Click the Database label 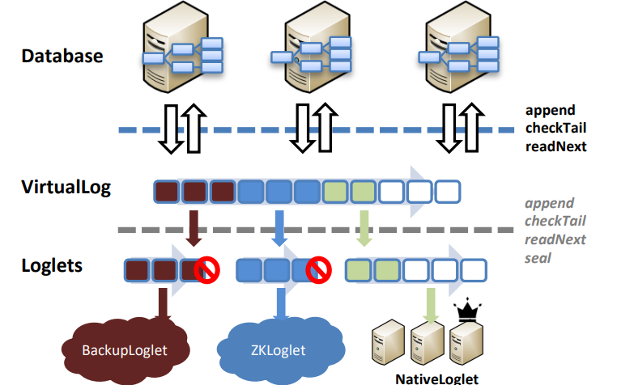(62, 56)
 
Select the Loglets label (53, 264)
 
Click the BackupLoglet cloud (126, 349)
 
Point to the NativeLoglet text (436, 378)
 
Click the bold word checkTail (555, 127)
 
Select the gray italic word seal (538, 257)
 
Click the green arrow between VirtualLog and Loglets (364, 227)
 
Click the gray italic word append (549, 204)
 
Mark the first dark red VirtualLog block (168, 192)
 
